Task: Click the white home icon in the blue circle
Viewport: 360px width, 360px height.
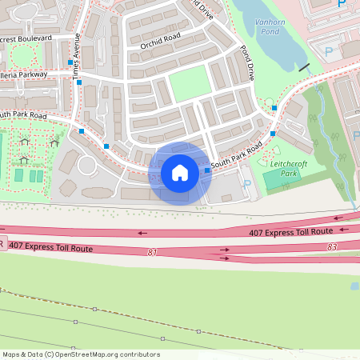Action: pos(180,173)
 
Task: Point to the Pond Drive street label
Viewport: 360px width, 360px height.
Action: pos(246,62)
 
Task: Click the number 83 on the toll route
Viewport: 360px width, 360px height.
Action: pos(332,247)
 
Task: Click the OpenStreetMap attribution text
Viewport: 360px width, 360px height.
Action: pos(81,354)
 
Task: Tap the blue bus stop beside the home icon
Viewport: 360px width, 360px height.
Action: pos(207,170)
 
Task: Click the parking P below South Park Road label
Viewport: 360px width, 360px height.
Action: pos(246,184)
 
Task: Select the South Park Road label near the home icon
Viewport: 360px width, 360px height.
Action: pos(237,158)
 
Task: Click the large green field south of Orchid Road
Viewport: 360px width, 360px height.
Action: pos(189,82)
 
